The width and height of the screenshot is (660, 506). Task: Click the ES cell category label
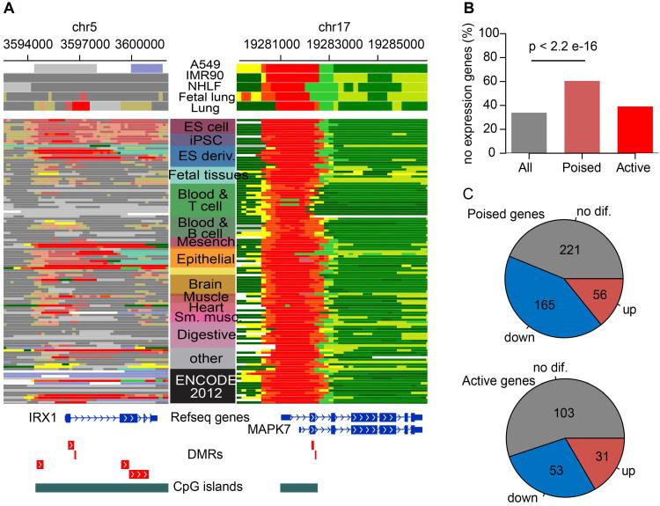pos(205,128)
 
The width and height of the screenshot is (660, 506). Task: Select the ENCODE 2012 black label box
pos(204,387)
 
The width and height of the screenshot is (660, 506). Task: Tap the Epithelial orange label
pos(204,260)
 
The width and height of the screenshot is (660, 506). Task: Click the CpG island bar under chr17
pos(298,486)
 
